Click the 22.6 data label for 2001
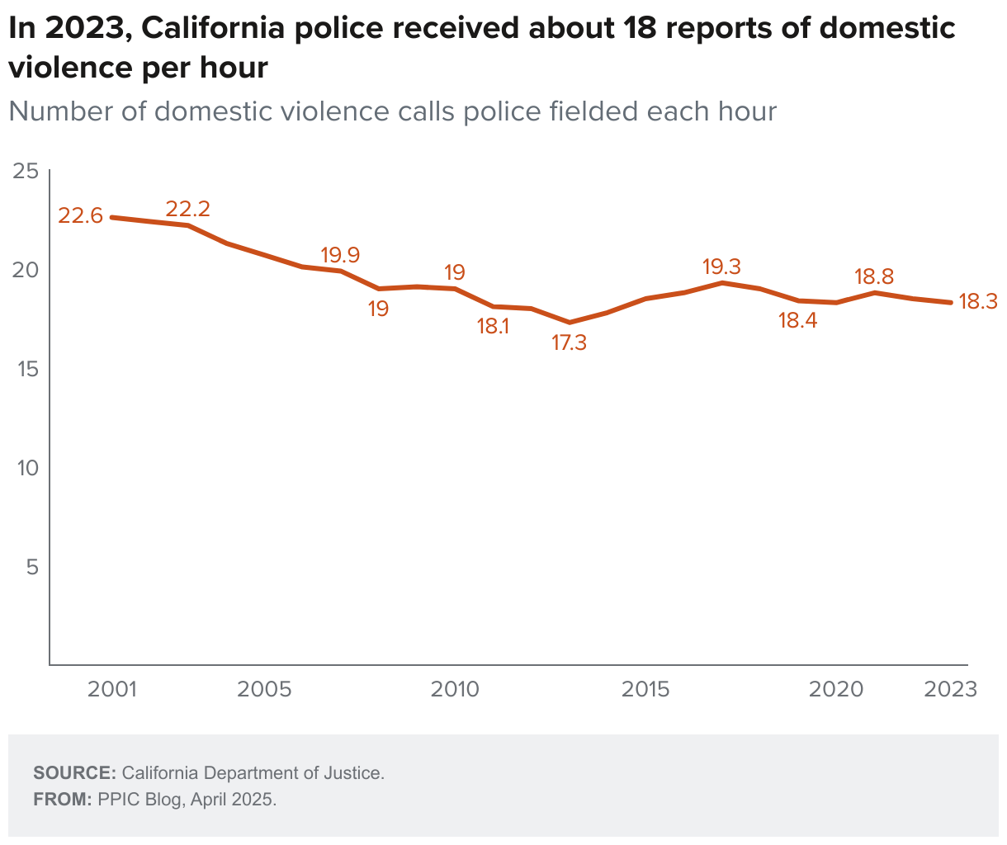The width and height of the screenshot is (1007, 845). click(80, 216)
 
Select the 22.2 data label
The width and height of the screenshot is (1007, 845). click(187, 209)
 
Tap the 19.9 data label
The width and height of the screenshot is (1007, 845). click(340, 255)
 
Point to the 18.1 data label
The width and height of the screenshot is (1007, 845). click(493, 326)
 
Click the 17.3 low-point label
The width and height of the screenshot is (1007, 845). click(569, 342)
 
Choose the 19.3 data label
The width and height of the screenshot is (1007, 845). click(721, 267)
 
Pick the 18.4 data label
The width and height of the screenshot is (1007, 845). click(797, 321)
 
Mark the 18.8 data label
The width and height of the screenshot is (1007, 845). click(874, 276)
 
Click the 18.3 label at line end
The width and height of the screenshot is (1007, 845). click(977, 302)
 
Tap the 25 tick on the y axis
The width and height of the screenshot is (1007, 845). click(26, 171)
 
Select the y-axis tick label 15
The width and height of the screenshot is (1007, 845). click(26, 369)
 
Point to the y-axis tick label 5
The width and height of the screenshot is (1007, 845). click(32, 567)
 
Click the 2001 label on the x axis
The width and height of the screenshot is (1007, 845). click(112, 689)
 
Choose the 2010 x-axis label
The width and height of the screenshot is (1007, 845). click(455, 689)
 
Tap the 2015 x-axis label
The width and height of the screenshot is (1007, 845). click(645, 689)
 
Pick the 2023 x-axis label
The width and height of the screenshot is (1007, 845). click(951, 689)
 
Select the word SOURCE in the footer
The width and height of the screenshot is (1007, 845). click(74, 773)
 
